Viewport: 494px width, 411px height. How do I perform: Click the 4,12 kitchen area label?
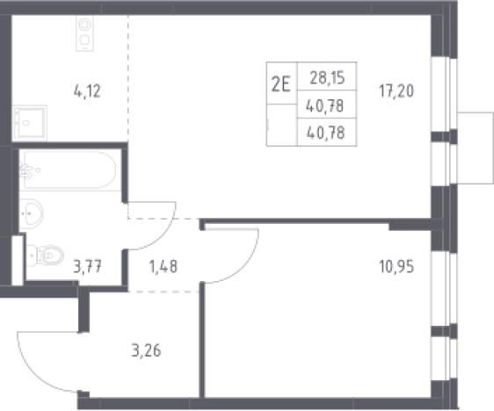(x=87, y=91)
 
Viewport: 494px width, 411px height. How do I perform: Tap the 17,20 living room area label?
(x=396, y=91)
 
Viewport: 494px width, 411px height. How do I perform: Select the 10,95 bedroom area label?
(x=396, y=267)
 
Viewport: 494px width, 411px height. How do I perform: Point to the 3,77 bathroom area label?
(x=87, y=267)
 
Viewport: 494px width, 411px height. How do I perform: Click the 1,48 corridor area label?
(x=163, y=267)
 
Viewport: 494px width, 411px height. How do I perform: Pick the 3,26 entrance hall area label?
(x=146, y=350)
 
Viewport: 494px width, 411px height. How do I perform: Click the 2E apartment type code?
(x=280, y=84)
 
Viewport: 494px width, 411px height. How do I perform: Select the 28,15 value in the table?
(x=327, y=77)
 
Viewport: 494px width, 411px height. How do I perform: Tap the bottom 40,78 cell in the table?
(x=326, y=133)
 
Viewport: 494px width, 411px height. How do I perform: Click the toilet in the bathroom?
(x=45, y=256)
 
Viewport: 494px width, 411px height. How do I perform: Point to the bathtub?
(x=69, y=170)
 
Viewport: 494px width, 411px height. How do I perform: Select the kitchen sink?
(x=30, y=123)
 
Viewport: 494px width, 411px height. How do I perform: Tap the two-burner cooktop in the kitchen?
(x=84, y=33)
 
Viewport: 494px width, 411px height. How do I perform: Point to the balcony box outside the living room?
(x=476, y=148)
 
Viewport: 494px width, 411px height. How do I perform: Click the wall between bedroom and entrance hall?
(x=202, y=341)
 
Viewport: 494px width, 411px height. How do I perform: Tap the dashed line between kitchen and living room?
(x=128, y=79)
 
